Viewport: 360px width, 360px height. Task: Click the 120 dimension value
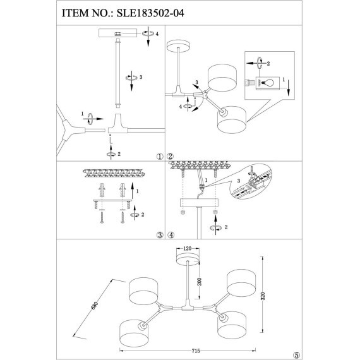(x=186, y=249)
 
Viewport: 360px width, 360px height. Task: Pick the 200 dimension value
(x=198, y=284)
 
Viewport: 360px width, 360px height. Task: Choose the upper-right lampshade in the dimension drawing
(x=245, y=282)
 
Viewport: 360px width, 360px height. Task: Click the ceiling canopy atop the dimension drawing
(x=186, y=260)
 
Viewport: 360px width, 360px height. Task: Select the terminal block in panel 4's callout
(x=256, y=180)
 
